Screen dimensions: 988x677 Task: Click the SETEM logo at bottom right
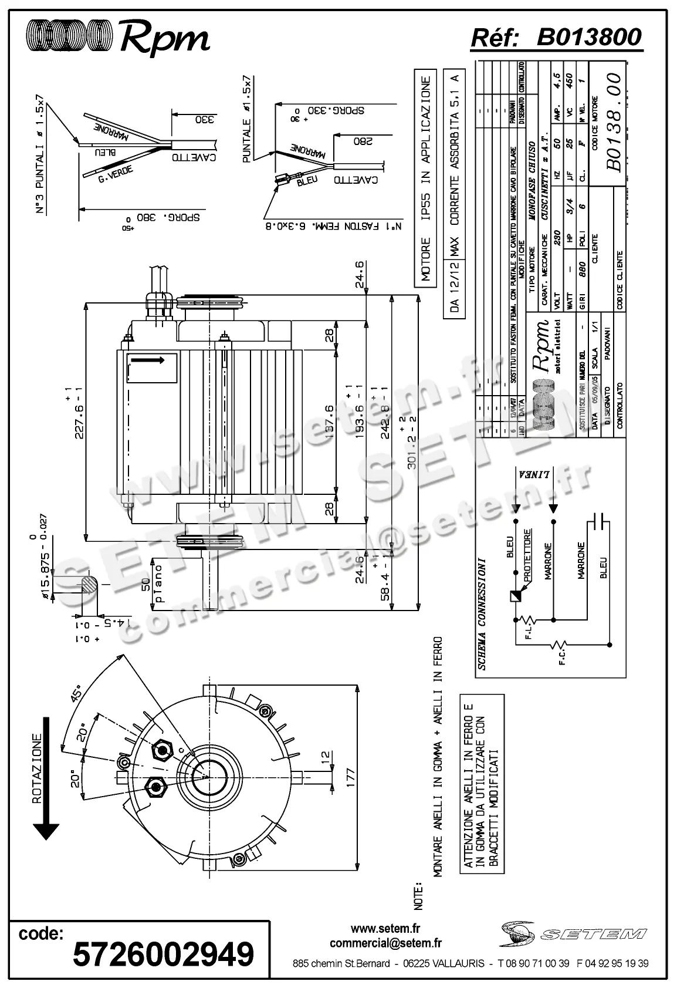(574, 933)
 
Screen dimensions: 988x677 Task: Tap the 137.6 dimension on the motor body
(329, 420)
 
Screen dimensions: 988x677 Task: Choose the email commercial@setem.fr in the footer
(385, 943)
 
